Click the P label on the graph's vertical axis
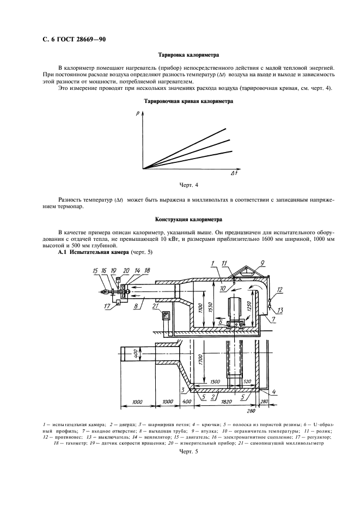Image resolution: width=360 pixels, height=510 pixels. pyautogui.click(x=138, y=113)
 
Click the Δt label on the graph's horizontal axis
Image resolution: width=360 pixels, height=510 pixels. pyautogui.click(x=233, y=174)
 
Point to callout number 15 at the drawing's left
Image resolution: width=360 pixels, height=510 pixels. pyautogui.click(x=96, y=271)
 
